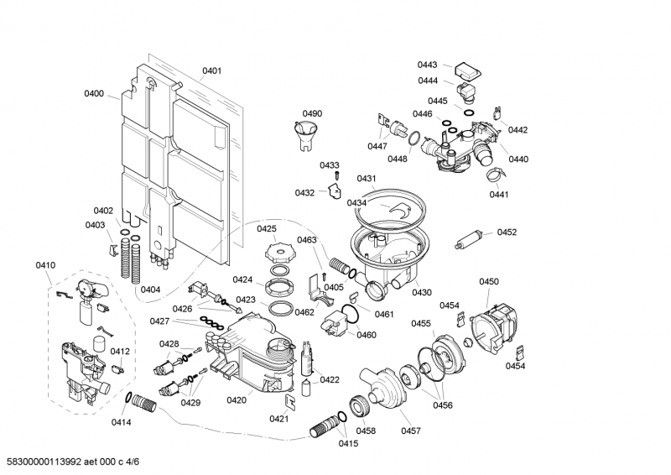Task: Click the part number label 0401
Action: (x=211, y=71)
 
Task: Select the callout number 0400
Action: (x=94, y=94)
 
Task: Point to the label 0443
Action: (x=428, y=65)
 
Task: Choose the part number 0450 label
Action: (x=489, y=281)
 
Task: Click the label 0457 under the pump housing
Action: (x=410, y=431)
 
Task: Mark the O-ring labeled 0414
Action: (x=128, y=396)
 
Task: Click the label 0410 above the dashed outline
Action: (x=45, y=265)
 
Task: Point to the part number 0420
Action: (x=237, y=400)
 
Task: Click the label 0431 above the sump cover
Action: (x=367, y=179)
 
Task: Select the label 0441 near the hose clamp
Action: (x=499, y=195)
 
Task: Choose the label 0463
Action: (x=307, y=240)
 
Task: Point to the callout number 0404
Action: (x=151, y=290)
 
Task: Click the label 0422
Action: (x=330, y=379)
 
